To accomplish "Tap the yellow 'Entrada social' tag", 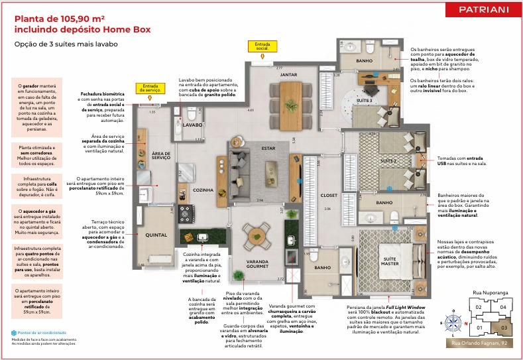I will (259, 46).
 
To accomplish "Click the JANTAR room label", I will (288, 75).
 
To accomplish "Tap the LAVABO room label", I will (192, 125).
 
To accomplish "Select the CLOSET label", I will (329, 196).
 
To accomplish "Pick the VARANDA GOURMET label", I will (257, 264).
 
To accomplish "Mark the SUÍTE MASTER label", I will (390, 261).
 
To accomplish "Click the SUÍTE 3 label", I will (365, 99).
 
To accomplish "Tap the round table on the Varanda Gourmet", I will (256, 234).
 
